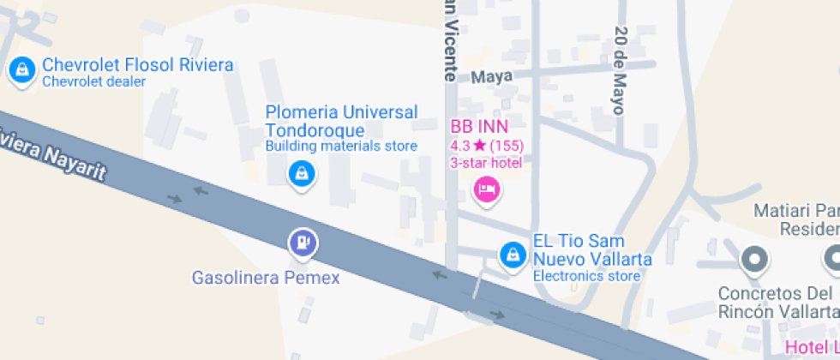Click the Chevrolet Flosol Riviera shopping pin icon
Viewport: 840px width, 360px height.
[21, 70]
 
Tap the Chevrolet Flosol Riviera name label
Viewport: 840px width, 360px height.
[137, 65]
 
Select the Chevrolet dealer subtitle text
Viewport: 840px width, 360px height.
[94, 81]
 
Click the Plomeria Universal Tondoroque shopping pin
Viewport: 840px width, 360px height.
[301, 174]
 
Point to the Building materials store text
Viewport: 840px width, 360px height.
[341, 146]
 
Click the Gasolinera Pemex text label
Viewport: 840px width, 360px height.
[266, 278]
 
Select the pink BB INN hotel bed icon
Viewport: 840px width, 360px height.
[486, 189]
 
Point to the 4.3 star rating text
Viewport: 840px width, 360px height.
[486, 146]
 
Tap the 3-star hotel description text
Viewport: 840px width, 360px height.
[486, 162]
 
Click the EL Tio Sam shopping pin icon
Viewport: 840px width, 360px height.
[513, 254]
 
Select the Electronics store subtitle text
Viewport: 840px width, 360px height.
[586, 276]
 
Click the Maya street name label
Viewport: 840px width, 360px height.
[491, 76]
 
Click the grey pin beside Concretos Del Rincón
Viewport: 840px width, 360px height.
[754, 257]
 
